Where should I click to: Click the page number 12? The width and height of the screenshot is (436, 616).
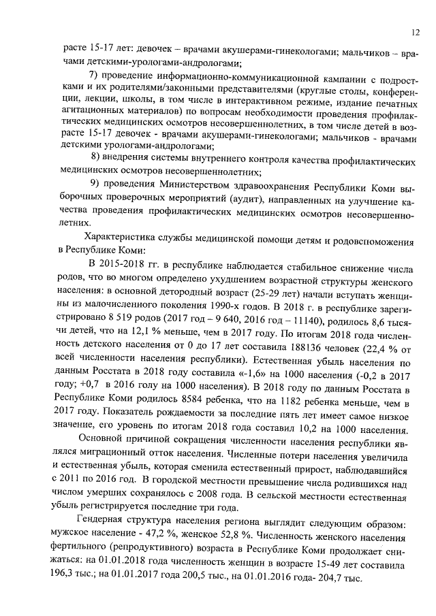click(416, 33)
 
